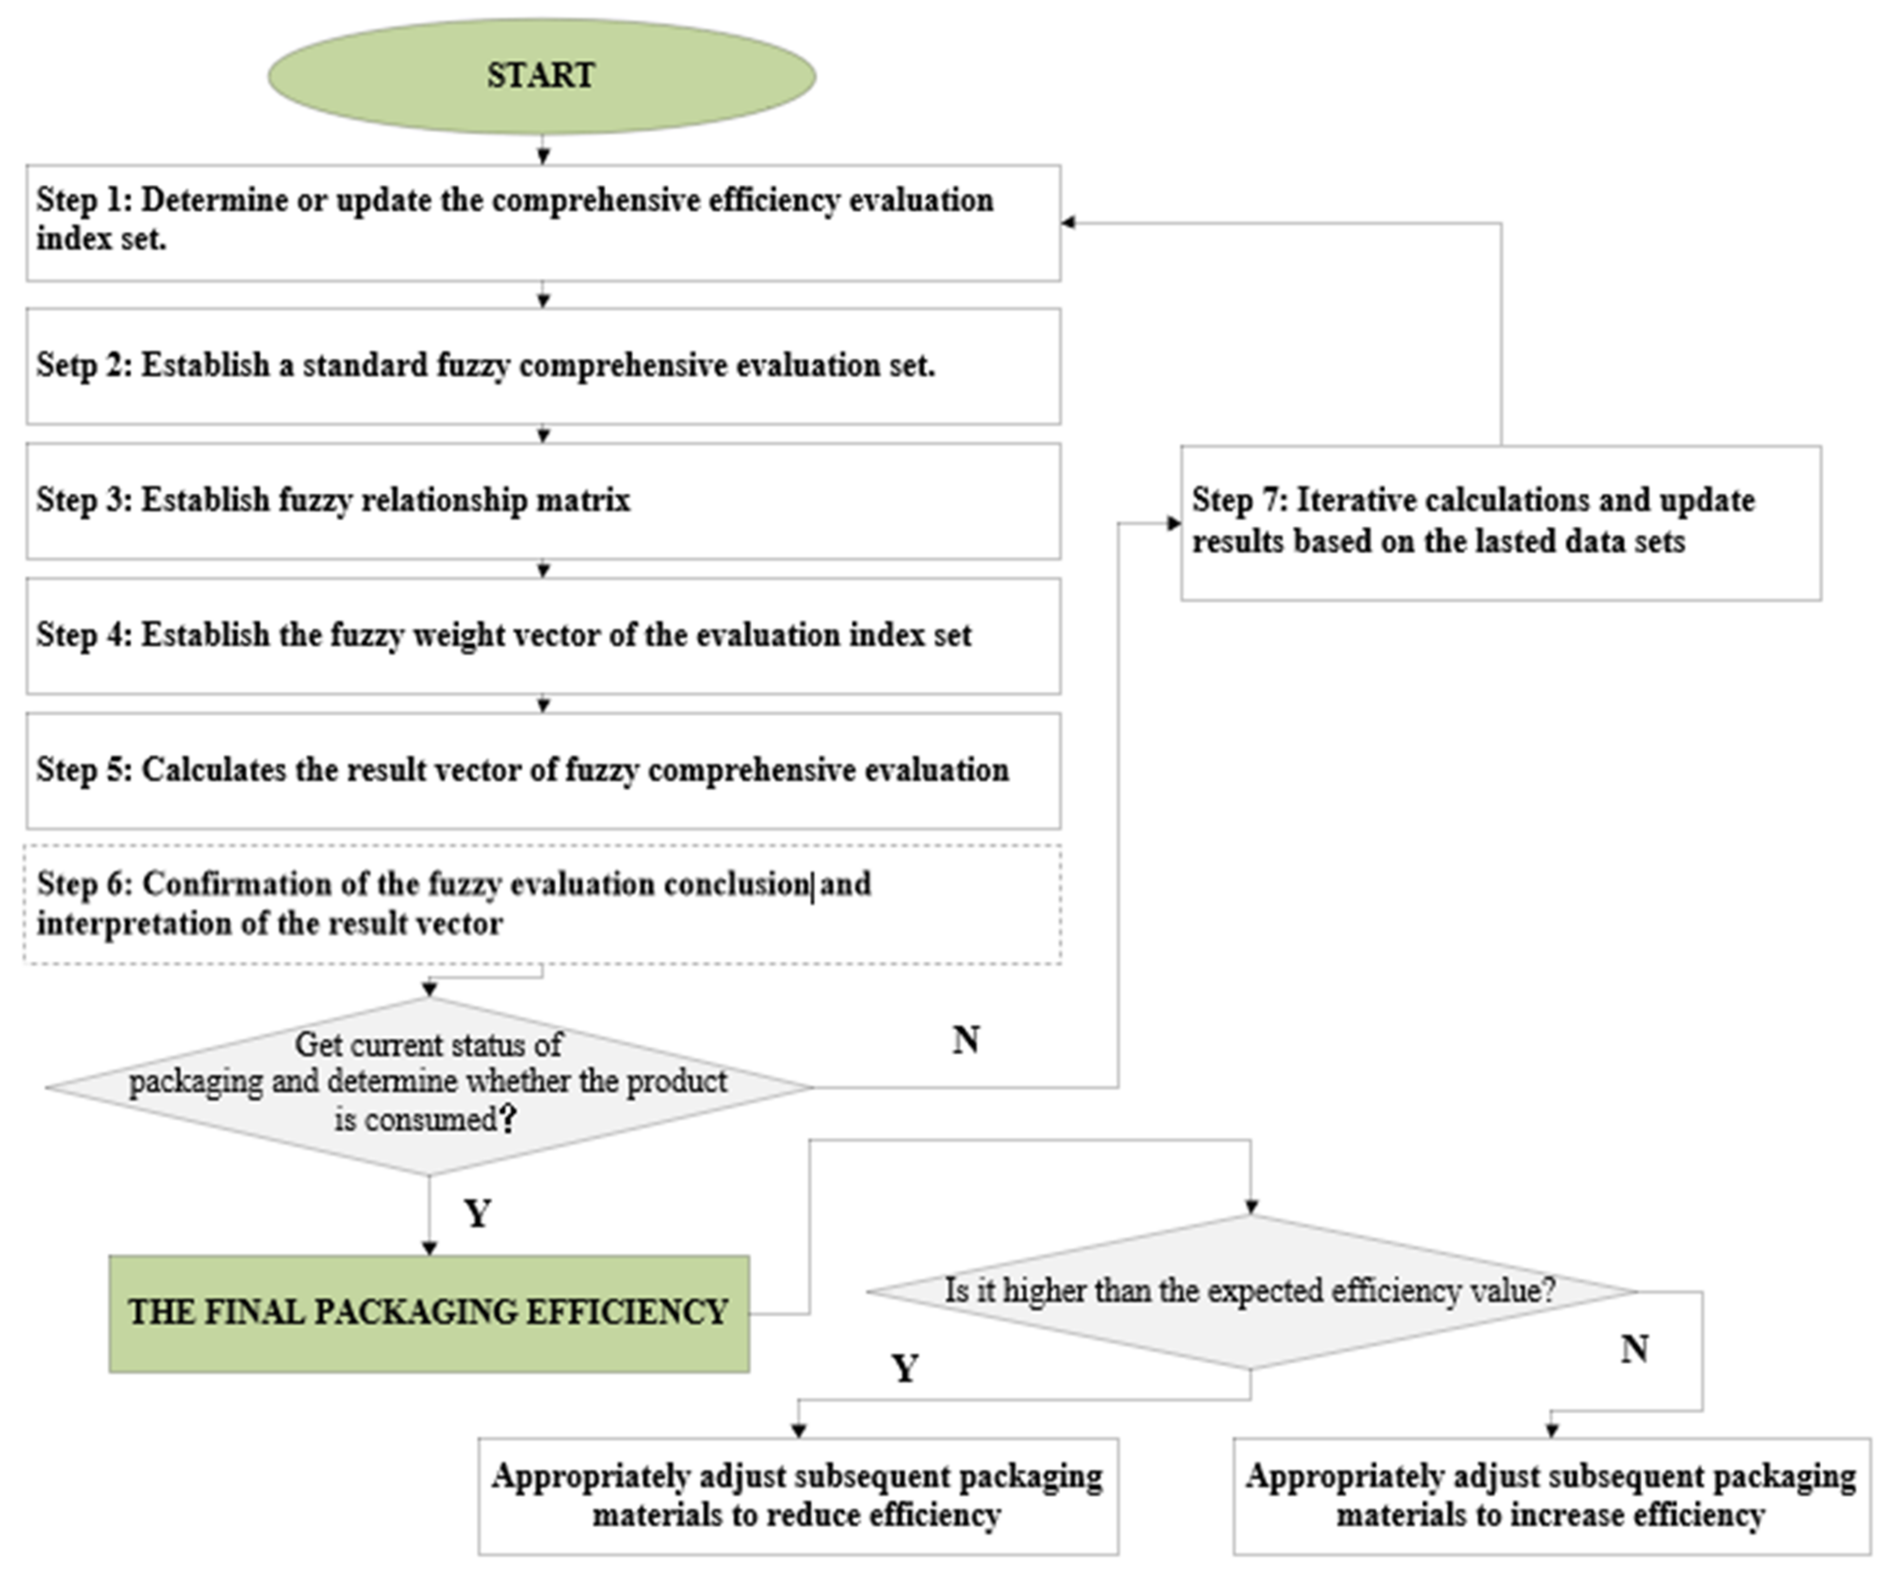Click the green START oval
click(542, 76)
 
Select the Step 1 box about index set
click(542, 222)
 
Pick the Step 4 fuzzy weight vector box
click(542, 636)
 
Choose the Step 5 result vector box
click(542, 770)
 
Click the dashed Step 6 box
click(542, 904)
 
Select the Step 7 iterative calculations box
click(1501, 522)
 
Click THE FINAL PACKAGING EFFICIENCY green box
click(429, 1313)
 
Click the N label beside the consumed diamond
click(965, 1040)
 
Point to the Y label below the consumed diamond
click(477, 1213)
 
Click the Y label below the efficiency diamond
click(905, 1369)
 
